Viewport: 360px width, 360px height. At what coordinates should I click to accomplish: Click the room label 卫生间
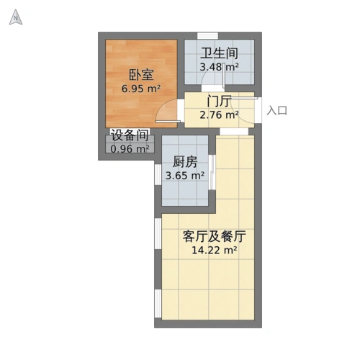click(x=219, y=53)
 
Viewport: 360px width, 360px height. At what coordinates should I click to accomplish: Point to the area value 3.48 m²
click(x=219, y=67)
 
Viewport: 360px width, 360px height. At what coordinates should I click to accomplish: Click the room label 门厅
click(x=218, y=101)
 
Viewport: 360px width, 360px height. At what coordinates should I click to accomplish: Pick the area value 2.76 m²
click(x=218, y=114)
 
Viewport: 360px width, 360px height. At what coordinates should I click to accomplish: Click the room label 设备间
click(x=130, y=135)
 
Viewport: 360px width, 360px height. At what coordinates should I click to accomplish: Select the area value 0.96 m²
click(x=130, y=149)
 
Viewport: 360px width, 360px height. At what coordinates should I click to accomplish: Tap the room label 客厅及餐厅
click(x=215, y=236)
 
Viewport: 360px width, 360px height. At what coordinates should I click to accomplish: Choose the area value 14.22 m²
click(x=215, y=251)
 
